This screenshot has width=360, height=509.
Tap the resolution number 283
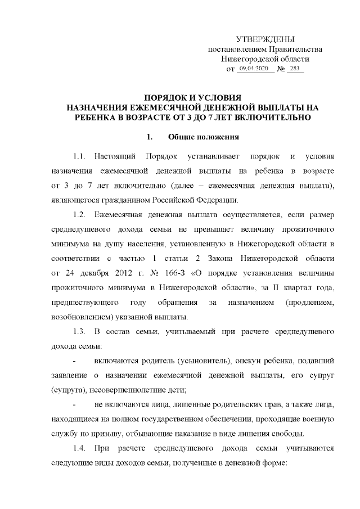[x=294, y=69]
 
